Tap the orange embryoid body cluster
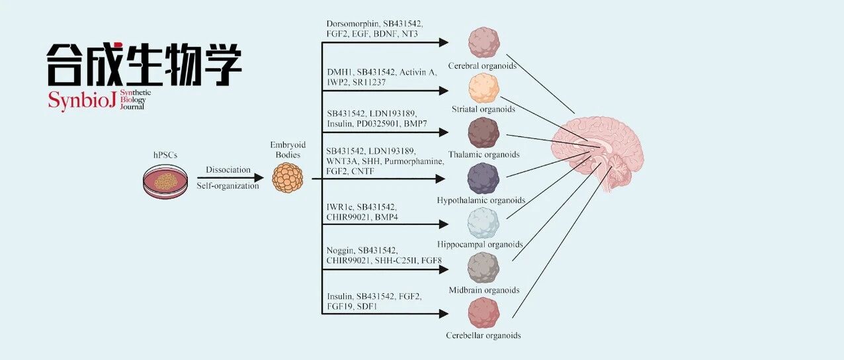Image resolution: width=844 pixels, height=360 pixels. [288, 178]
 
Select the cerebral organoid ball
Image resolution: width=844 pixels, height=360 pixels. [484, 42]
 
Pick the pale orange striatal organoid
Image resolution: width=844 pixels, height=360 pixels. [484, 88]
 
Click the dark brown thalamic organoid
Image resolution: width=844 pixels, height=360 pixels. [484, 132]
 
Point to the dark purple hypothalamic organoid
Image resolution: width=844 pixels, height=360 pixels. [484, 178]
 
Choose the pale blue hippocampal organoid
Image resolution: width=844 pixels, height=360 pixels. [484, 223]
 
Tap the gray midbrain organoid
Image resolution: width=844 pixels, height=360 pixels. [484, 268]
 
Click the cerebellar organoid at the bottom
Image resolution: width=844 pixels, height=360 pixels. [484, 313]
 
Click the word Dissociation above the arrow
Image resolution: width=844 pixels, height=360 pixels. [228, 169]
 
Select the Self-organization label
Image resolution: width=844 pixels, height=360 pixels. [228, 185]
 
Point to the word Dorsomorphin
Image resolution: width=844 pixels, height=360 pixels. [353, 24]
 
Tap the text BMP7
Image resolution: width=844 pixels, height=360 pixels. [415, 124]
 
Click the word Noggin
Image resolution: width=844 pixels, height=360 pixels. [340, 250]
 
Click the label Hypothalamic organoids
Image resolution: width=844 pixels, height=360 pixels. [481, 200]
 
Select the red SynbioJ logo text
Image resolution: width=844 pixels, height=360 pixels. [82, 101]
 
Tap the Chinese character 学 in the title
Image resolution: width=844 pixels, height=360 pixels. [222, 64]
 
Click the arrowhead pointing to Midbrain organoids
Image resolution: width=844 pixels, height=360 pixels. [443, 269]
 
